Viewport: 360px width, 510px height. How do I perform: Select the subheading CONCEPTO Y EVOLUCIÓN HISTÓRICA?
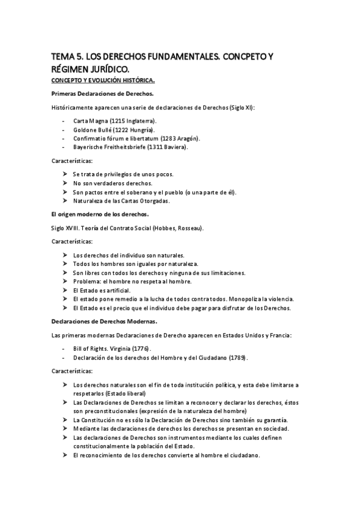(103, 79)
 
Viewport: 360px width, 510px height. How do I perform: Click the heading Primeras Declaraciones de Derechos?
(103, 93)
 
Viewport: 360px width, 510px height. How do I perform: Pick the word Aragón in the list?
(187, 138)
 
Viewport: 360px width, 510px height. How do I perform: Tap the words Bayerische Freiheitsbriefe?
(112, 147)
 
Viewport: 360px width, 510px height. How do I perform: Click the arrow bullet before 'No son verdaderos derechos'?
(65, 183)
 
